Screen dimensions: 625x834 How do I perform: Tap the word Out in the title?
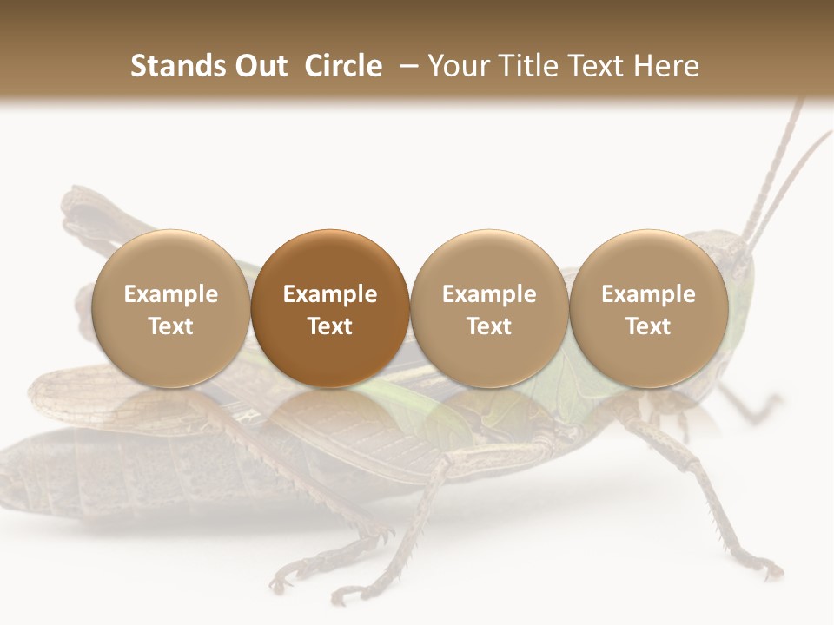click(258, 67)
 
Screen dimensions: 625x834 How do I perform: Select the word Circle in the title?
click(343, 67)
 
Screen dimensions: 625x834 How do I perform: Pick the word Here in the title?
click(667, 67)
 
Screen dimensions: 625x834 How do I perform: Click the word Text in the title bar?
click(599, 67)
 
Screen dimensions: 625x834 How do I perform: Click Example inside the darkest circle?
click(330, 294)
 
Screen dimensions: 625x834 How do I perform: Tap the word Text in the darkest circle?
click(330, 326)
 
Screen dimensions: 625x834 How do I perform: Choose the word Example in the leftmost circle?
click(171, 294)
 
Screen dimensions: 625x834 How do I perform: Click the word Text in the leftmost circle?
click(171, 326)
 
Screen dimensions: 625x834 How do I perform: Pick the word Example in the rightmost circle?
click(649, 294)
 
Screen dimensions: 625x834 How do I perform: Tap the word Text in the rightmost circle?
click(649, 326)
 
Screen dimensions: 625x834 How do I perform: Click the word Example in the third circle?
click(489, 294)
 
